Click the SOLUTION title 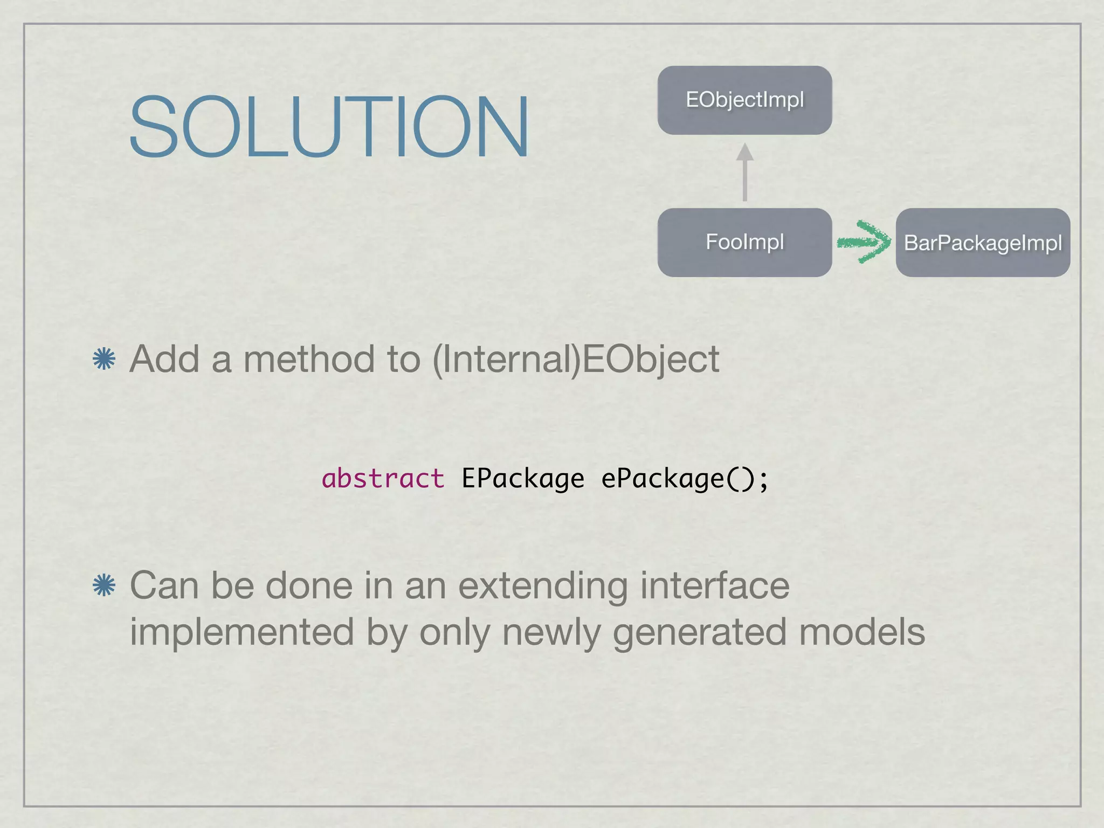click(x=329, y=127)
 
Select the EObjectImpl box click(x=744, y=100)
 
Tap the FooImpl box click(x=744, y=242)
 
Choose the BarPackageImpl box click(x=982, y=243)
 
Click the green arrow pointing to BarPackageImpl click(x=864, y=242)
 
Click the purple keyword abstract click(x=383, y=479)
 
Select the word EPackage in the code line click(x=522, y=479)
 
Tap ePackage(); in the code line click(x=685, y=479)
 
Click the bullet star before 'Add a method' click(x=104, y=359)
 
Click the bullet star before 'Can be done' click(x=104, y=585)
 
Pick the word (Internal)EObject click(x=575, y=360)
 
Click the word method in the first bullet click(x=309, y=359)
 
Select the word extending click(x=543, y=586)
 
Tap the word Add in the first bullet click(x=164, y=359)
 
